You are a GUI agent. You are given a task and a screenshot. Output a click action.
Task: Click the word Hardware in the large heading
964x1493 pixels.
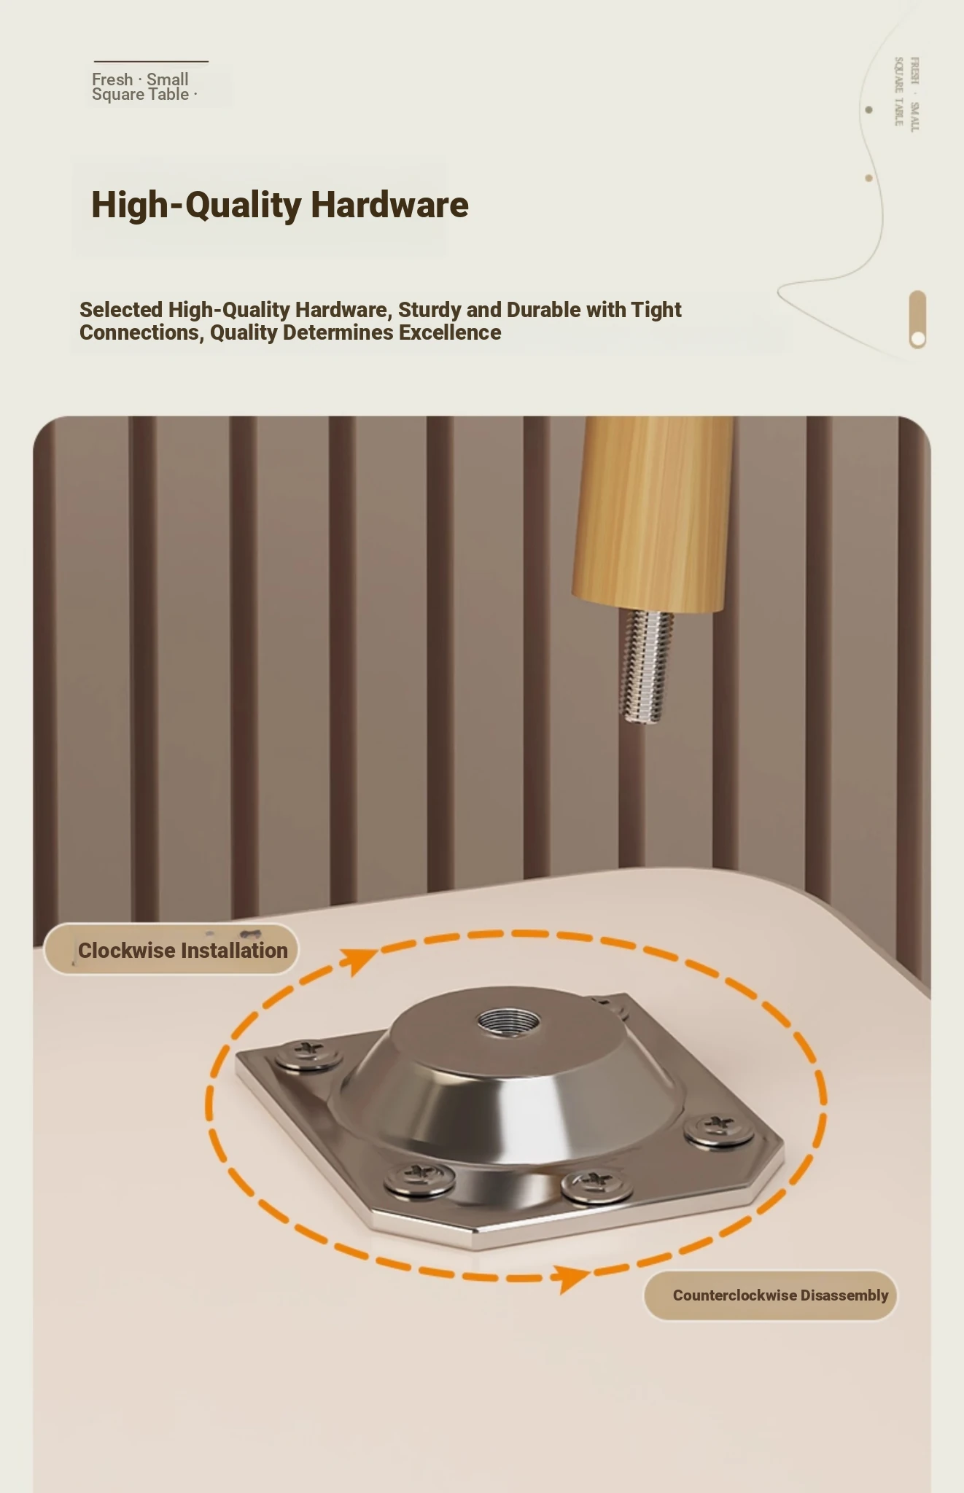pos(389,205)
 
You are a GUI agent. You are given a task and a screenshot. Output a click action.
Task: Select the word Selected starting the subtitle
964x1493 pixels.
pos(121,310)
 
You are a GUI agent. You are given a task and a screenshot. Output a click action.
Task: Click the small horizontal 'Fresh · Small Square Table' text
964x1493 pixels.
pos(144,87)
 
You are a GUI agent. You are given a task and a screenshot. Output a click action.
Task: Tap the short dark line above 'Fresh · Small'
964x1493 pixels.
pos(151,61)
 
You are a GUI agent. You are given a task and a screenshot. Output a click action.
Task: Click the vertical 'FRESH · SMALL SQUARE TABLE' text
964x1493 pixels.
pos(906,93)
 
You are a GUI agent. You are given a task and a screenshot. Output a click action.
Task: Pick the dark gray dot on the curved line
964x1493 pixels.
pos(868,110)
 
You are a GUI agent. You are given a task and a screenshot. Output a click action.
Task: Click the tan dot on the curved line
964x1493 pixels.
pos(868,178)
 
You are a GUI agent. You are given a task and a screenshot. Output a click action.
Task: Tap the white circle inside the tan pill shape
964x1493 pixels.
pos(918,338)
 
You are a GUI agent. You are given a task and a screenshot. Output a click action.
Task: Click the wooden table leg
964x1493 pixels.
pos(653,513)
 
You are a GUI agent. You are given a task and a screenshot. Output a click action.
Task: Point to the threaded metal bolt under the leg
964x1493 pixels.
pos(646,666)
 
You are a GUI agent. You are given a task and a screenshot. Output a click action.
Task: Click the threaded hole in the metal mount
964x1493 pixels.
pos(508,1021)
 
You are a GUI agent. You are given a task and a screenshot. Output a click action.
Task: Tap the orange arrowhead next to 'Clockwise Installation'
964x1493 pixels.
pos(359,960)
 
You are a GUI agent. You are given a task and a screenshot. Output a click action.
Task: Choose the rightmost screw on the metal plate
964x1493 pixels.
pos(719,1128)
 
